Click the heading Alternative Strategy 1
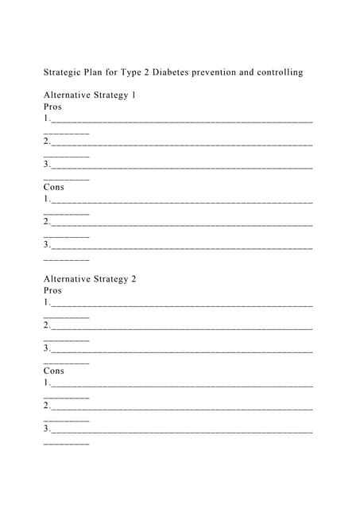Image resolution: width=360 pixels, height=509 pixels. pos(90,95)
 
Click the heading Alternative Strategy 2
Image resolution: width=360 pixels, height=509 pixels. pos(90,279)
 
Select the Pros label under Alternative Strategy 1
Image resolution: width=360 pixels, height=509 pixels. pos(52,107)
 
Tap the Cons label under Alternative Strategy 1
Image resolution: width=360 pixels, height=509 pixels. pos(54,187)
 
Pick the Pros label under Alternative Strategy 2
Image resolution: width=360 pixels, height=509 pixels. pos(52,290)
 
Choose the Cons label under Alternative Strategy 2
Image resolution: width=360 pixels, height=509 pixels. pos(54,371)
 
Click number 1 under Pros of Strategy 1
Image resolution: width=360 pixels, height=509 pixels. pos(47,119)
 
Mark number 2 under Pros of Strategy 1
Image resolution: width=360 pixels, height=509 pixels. pos(47,142)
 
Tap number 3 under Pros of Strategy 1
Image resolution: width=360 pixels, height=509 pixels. pos(47,165)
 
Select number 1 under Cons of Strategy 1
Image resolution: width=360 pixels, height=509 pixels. pos(47,199)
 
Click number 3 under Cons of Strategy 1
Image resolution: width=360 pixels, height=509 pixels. pos(47,244)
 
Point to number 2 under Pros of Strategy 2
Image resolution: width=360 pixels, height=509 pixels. pos(47,325)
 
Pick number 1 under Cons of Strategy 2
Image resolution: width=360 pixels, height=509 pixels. pos(47,383)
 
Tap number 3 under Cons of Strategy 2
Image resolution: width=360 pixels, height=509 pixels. pos(47,429)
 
